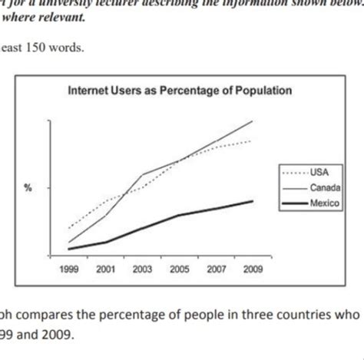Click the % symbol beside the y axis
pyautogui.click(x=28, y=189)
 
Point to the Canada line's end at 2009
pyautogui.click(x=253, y=121)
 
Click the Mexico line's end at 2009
pyautogui.click(x=253, y=201)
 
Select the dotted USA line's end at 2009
pyautogui.click(x=253, y=141)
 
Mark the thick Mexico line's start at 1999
pyautogui.click(x=68, y=248)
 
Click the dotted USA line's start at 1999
pyautogui.click(x=68, y=228)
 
